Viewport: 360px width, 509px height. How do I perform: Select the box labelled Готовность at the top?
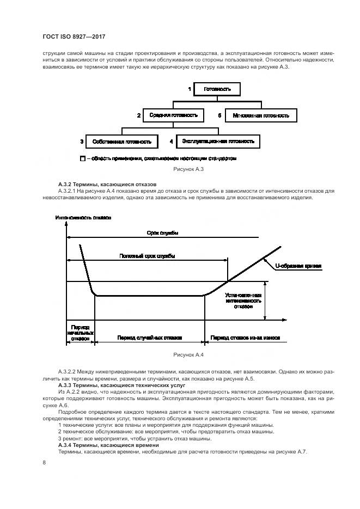coord(217,88)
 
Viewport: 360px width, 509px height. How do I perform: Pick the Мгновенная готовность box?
coord(261,116)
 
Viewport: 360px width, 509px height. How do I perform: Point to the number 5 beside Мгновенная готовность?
coord(219,116)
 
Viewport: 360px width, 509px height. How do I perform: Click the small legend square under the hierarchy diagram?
coord(83,159)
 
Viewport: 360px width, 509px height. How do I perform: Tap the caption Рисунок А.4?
coord(188,355)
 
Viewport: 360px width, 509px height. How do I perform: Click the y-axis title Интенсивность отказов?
coord(83,218)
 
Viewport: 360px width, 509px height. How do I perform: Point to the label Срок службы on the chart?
coord(162,233)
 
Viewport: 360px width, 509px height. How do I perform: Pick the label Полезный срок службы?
coord(147,255)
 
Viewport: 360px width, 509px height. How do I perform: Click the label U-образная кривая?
coord(298,266)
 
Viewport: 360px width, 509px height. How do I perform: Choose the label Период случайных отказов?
coord(149,338)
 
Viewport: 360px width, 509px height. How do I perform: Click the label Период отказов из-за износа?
coord(245,338)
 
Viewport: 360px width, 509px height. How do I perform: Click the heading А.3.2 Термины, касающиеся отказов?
coord(107,184)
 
